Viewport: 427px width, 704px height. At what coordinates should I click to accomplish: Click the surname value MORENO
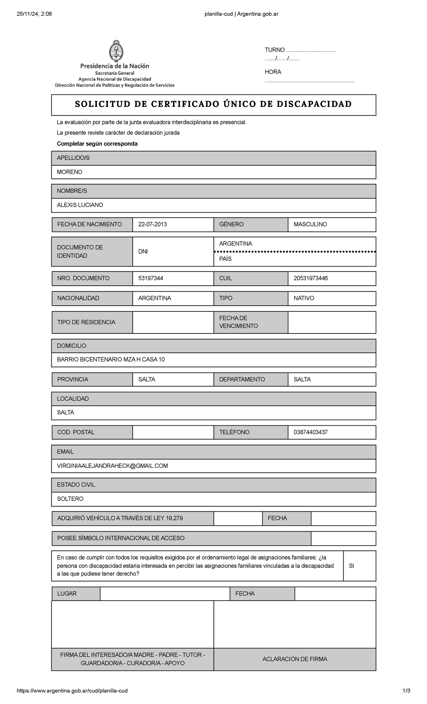coord(70,172)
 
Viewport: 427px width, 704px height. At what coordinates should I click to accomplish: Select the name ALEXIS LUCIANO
coord(80,205)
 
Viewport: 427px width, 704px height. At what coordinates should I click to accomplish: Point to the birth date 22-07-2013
coord(152,224)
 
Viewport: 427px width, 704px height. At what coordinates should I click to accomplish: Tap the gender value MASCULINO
coord(310,224)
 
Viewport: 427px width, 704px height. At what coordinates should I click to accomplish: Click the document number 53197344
coord(151,278)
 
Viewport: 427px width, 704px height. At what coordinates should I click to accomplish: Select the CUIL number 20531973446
coord(310,278)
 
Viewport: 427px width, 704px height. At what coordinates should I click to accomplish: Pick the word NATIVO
coord(304,298)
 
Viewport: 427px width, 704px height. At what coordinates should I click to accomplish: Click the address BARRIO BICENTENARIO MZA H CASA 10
coord(111,359)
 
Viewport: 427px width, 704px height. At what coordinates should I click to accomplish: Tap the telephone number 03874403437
coord(310,432)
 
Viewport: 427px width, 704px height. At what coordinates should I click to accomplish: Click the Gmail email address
coord(112,466)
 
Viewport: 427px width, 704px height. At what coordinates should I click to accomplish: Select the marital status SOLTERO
coord(70,499)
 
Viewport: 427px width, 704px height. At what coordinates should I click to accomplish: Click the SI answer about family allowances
coord(351,566)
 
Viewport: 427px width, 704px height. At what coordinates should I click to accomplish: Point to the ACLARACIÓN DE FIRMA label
coord(295,659)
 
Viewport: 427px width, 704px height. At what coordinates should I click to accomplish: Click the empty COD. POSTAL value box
coord(173,432)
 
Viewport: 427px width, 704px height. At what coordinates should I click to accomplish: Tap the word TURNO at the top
coord(274,50)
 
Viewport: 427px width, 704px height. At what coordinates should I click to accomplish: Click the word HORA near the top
coord(273,72)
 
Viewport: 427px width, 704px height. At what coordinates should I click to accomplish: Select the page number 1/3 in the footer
coord(406,690)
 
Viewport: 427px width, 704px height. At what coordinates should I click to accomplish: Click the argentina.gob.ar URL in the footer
coord(72,690)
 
